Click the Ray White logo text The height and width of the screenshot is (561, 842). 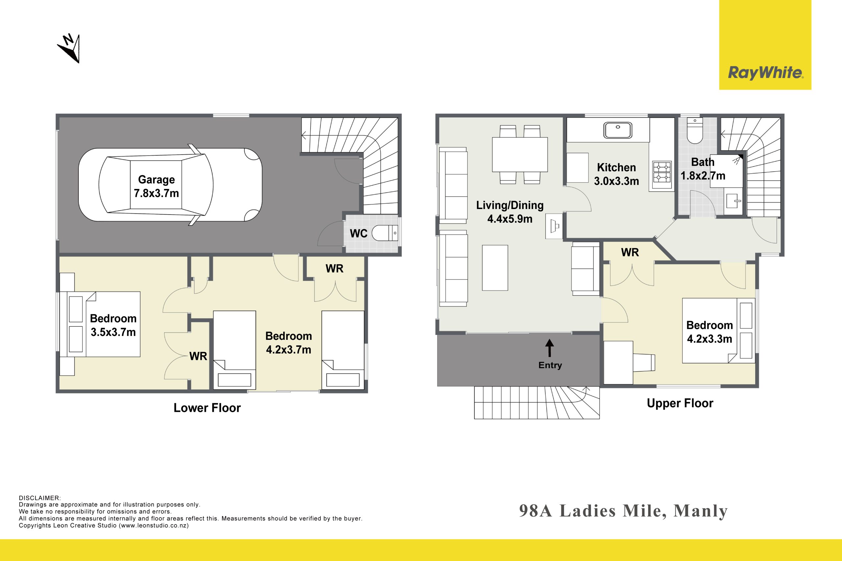pyautogui.click(x=765, y=73)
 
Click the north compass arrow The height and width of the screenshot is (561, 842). pyautogui.click(x=69, y=48)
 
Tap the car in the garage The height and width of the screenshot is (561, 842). pyautogui.click(x=170, y=185)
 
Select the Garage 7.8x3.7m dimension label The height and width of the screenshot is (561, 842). pyautogui.click(x=157, y=186)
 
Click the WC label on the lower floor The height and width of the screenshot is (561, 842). pyautogui.click(x=359, y=234)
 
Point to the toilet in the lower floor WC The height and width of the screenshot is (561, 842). pyautogui.click(x=385, y=233)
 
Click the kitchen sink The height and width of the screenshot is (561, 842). pyautogui.click(x=618, y=130)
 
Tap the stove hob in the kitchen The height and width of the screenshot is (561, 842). pyautogui.click(x=661, y=173)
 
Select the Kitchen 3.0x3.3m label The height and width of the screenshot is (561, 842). pyautogui.click(x=616, y=174)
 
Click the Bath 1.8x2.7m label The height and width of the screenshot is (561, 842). pyautogui.click(x=703, y=169)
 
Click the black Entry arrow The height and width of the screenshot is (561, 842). pyautogui.click(x=550, y=348)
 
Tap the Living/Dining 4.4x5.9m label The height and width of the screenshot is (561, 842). pyautogui.click(x=510, y=212)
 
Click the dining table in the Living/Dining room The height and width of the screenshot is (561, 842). pyautogui.click(x=520, y=154)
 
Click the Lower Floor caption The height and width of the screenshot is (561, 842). pyautogui.click(x=207, y=408)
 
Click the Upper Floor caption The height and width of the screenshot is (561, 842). pyautogui.click(x=680, y=403)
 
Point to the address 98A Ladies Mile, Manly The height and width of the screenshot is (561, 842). pyautogui.click(x=624, y=511)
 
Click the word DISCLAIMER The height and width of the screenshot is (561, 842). pyautogui.click(x=40, y=498)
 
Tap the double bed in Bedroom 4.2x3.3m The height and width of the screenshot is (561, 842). pyautogui.click(x=718, y=331)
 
